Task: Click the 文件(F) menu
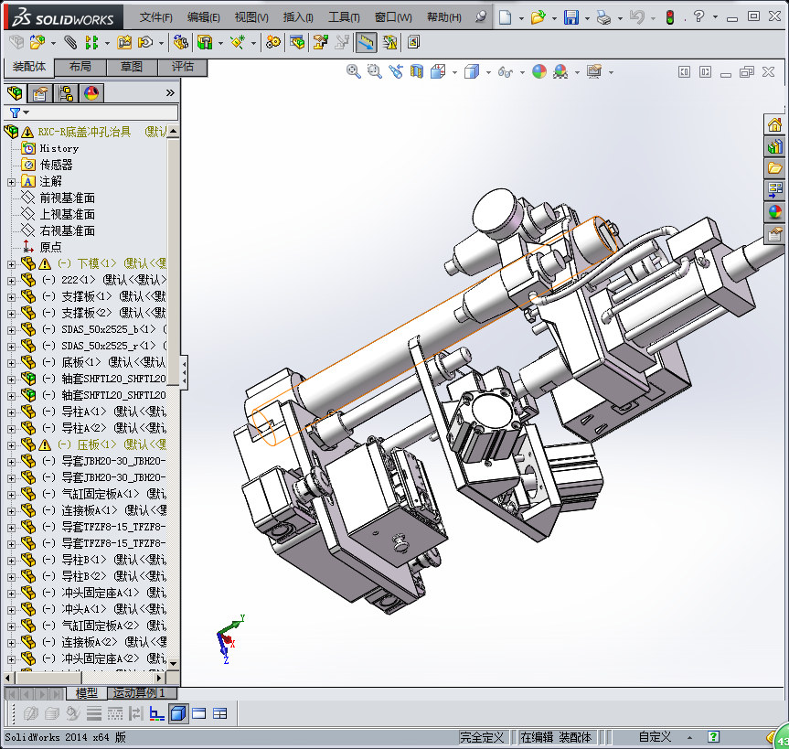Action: (155, 17)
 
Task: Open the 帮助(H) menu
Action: (443, 17)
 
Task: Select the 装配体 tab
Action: (29, 67)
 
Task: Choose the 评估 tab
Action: (183, 67)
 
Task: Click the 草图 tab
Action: (132, 67)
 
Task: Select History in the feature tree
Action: (59, 148)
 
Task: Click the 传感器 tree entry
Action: (56, 165)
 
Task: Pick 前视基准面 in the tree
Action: (67, 198)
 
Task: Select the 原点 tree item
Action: (50, 247)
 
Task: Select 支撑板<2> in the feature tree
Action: (87, 313)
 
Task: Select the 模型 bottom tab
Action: (87, 693)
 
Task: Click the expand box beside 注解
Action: (11, 181)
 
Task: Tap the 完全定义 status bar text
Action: (483, 737)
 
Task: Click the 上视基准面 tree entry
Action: (67, 214)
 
